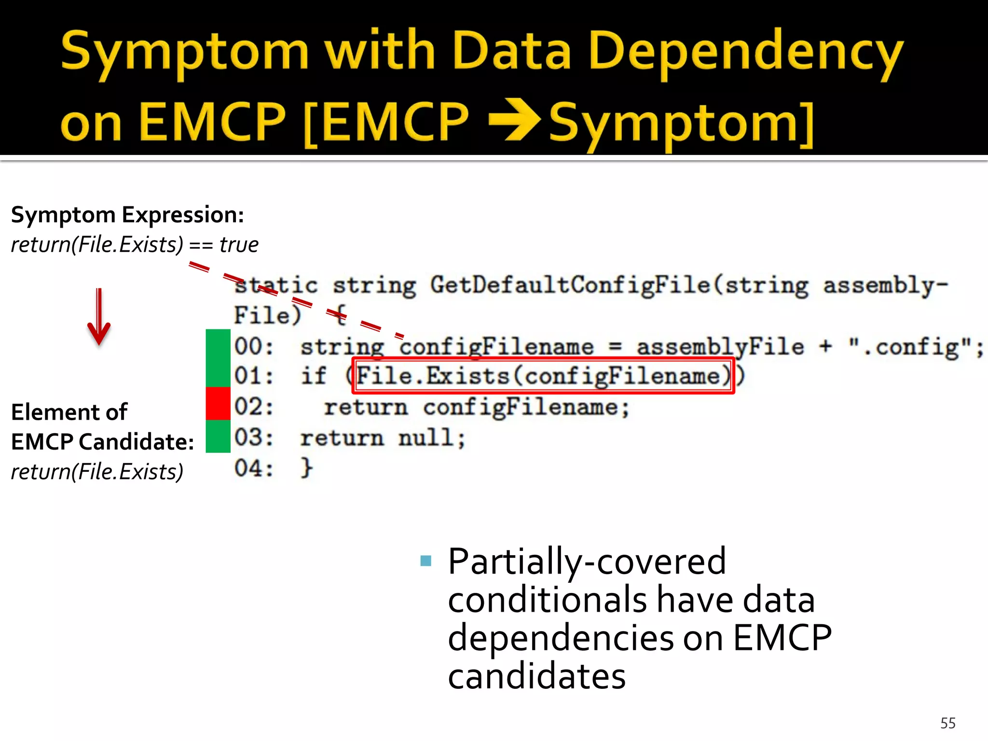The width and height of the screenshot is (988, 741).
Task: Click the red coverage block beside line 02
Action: pyautogui.click(x=218, y=403)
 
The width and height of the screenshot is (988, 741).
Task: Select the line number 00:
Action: pyautogui.click(x=254, y=346)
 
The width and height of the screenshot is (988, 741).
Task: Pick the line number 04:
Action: pyautogui.click(x=254, y=468)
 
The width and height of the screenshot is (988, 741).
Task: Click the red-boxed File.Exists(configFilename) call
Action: pyautogui.click(x=543, y=376)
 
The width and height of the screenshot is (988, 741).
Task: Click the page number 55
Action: pyautogui.click(x=947, y=723)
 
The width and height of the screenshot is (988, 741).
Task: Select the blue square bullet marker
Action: pyautogui.click(x=425, y=561)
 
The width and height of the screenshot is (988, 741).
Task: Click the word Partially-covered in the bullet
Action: pyautogui.click(x=587, y=562)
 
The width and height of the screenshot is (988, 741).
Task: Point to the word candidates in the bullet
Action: pyautogui.click(x=536, y=676)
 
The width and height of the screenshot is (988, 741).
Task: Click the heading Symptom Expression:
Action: pyautogui.click(x=127, y=215)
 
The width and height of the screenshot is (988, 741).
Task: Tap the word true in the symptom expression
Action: pyautogui.click(x=239, y=245)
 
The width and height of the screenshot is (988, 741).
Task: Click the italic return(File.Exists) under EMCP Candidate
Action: pyautogui.click(x=97, y=471)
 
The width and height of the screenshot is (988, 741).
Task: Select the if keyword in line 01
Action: pyautogui.click(x=314, y=376)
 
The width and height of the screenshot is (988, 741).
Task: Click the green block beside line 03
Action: pyautogui.click(x=218, y=436)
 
